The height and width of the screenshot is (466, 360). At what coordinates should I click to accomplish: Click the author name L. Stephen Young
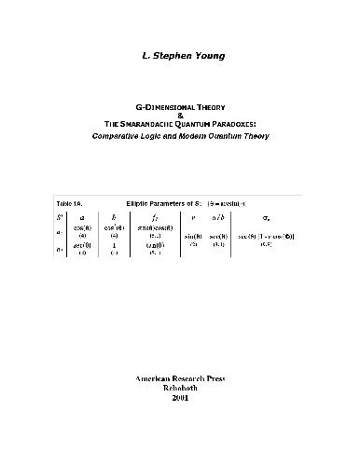coord(180,59)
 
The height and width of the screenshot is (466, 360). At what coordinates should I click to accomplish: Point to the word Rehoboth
coord(180,391)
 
